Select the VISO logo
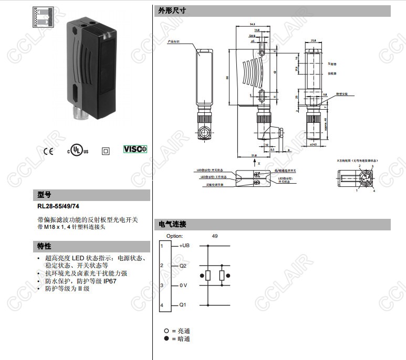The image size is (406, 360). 135,150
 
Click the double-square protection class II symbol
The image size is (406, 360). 106,151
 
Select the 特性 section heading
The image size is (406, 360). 44,246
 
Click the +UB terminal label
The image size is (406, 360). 184,246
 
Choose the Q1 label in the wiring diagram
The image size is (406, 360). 183,305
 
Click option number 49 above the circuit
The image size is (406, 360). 214,236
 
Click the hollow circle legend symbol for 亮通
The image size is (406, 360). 166,331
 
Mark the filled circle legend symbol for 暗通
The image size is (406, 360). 166,339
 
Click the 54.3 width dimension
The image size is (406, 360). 252,24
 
